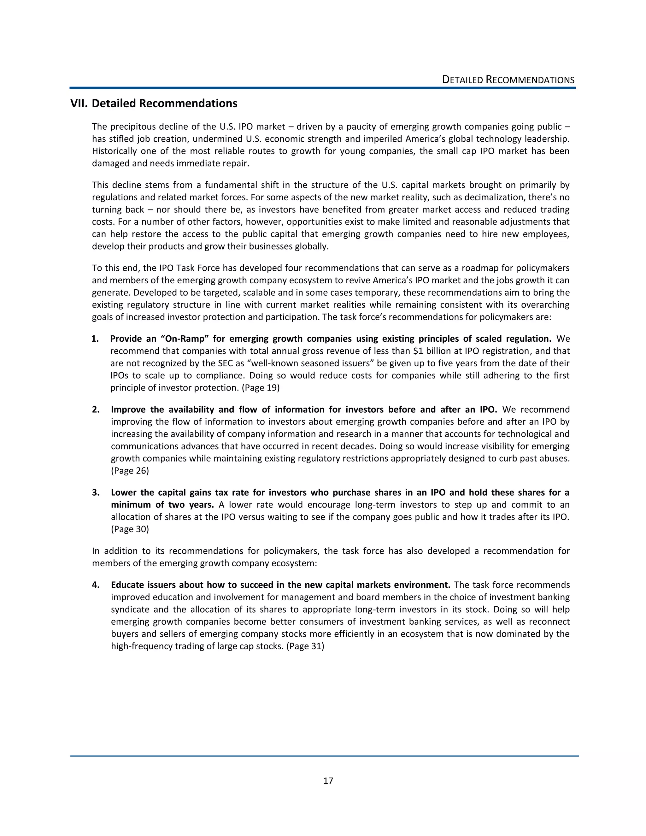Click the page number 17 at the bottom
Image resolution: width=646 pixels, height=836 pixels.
pos(328,780)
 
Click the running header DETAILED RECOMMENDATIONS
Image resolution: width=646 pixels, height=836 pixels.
pos(508,80)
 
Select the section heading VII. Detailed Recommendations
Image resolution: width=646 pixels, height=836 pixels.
pos(154,103)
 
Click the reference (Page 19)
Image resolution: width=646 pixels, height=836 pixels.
pos(261,388)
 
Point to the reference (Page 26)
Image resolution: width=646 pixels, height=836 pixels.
pos(130,471)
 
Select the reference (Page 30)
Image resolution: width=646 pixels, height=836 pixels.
pos(130,529)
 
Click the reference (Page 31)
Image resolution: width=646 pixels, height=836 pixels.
pos(305,646)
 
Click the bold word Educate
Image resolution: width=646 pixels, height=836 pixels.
pos(127,585)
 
